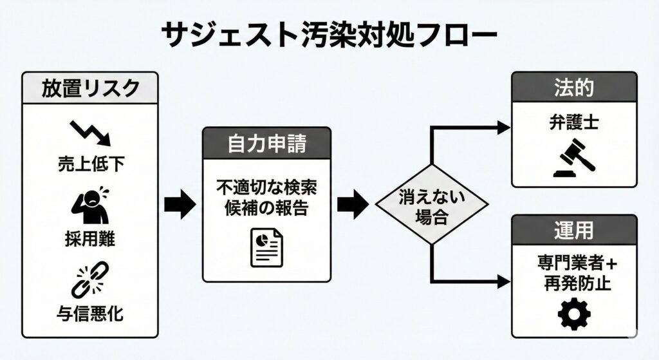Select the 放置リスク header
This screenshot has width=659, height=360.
point(90,88)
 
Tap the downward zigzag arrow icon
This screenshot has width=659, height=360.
point(90,131)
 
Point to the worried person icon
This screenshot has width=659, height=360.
point(90,205)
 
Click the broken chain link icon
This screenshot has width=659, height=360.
point(90,279)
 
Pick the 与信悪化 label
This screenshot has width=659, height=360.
point(90,314)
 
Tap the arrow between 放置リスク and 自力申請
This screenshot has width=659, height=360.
point(180,205)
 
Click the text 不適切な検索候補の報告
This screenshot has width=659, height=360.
point(268,198)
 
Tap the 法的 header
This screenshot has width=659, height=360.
point(574,88)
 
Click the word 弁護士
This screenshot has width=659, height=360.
point(574,122)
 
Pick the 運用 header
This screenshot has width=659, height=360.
point(574,231)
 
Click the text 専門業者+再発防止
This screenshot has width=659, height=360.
point(574,273)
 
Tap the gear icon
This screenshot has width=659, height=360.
point(574,315)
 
